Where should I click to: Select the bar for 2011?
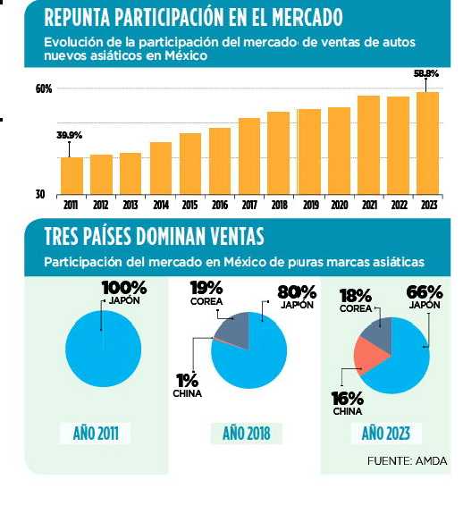(x=72, y=174)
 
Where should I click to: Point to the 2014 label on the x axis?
(x=160, y=204)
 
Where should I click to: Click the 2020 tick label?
(x=339, y=204)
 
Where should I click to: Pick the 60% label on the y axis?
(x=44, y=89)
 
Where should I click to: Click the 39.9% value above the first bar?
(x=70, y=135)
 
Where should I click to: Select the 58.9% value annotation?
(x=426, y=73)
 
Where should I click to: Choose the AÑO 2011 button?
(x=102, y=434)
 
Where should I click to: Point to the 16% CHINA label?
(x=347, y=403)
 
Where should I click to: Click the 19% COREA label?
(x=204, y=293)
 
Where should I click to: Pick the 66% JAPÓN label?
(x=425, y=296)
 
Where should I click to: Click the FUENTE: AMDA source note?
(x=407, y=460)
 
